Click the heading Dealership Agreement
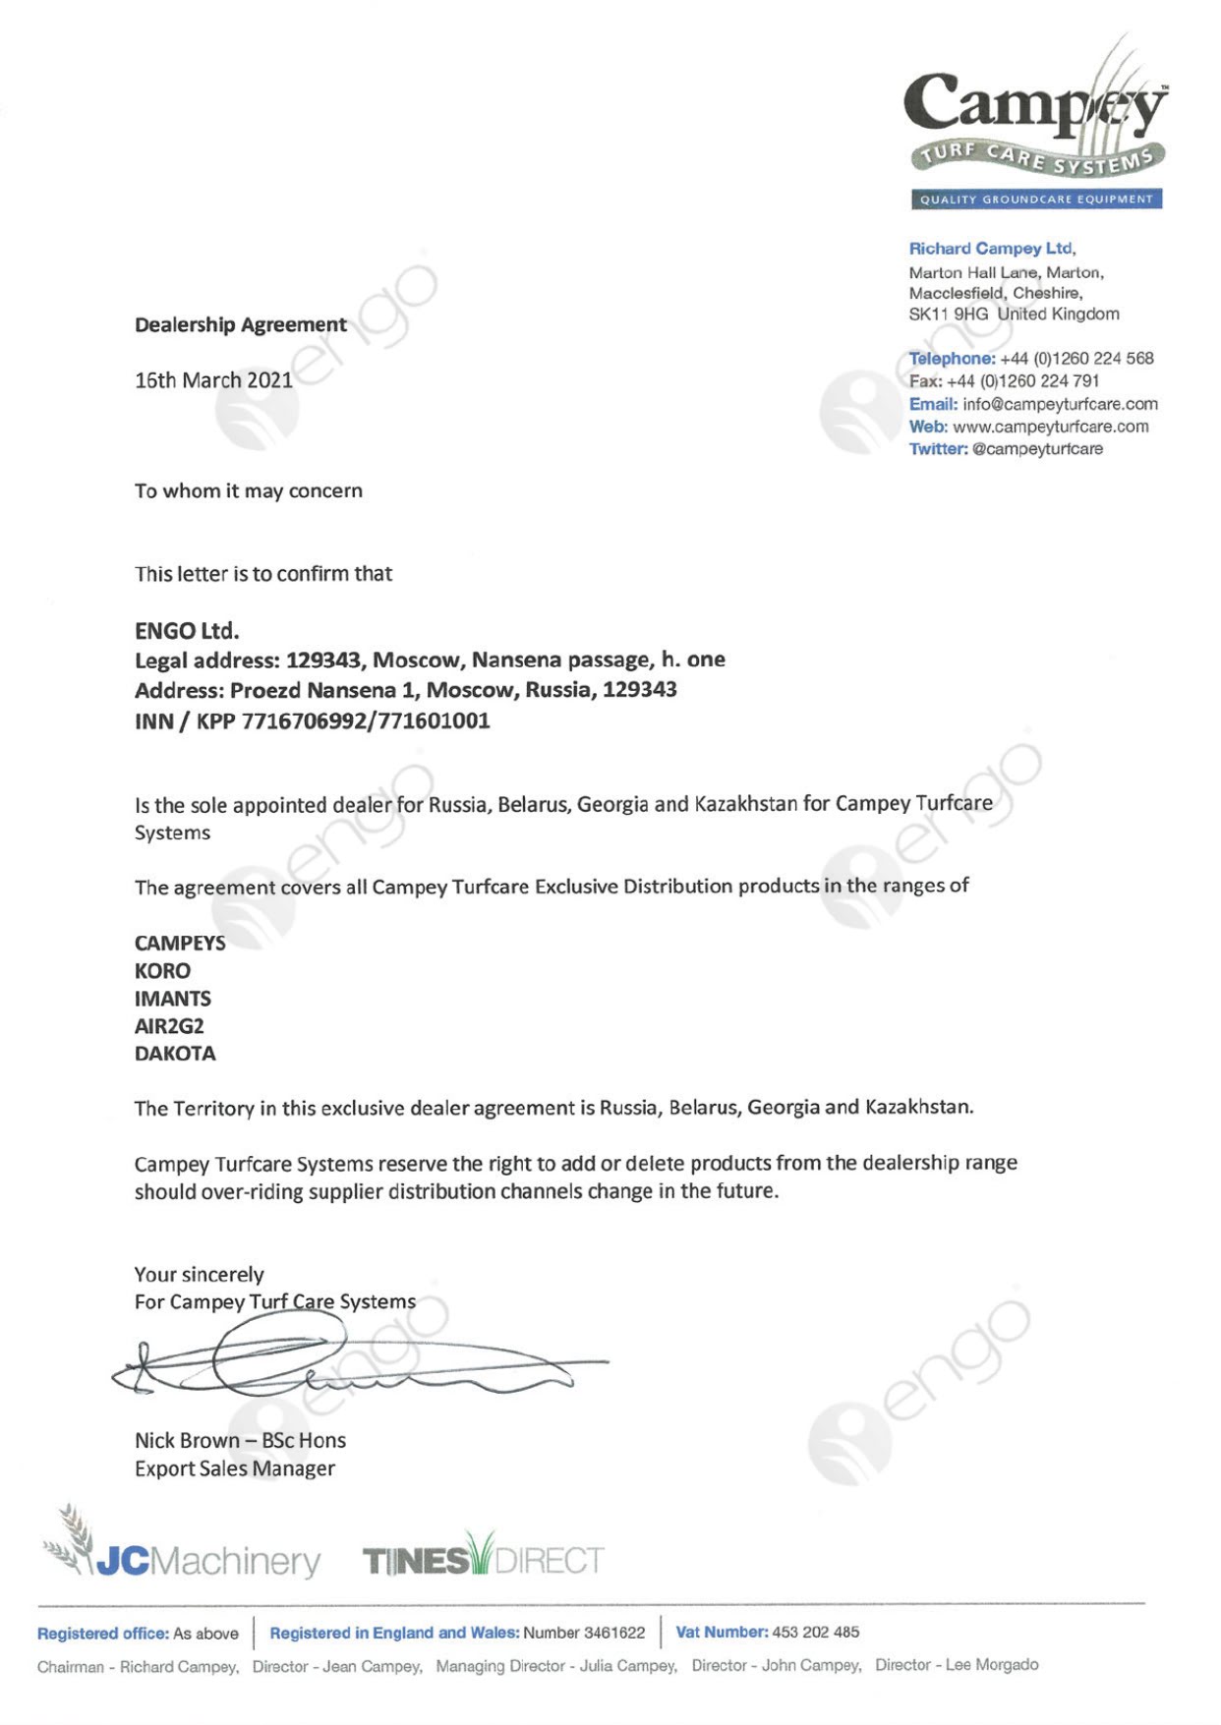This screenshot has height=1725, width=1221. pyautogui.click(x=240, y=324)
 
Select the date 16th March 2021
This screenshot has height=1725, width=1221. pyautogui.click(x=213, y=380)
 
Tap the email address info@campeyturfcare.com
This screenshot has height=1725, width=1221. pyautogui.click(x=1060, y=404)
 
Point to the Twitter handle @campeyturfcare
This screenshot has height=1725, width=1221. pyautogui.click(x=1037, y=449)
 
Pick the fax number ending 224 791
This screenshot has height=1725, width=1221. pyautogui.click(x=1022, y=381)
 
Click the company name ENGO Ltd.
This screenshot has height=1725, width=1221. pyautogui.click(x=187, y=630)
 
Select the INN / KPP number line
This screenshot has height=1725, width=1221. pyautogui.click(x=312, y=720)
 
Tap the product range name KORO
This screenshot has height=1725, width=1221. pyautogui.click(x=162, y=971)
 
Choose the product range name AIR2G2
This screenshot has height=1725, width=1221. pyautogui.click(x=169, y=1026)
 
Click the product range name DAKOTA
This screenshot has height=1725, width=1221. pyautogui.click(x=175, y=1054)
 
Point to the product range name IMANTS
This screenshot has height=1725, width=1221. pyautogui.click(x=173, y=999)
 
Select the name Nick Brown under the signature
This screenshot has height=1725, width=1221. pyautogui.click(x=187, y=1441)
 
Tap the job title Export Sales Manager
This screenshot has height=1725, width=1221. pyautogui.click(x=234, y=1468)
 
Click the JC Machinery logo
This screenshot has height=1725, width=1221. pyautogui.click(x=183, y=1551)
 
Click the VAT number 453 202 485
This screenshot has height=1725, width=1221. pyautogui.click(x=815, y=1633)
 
